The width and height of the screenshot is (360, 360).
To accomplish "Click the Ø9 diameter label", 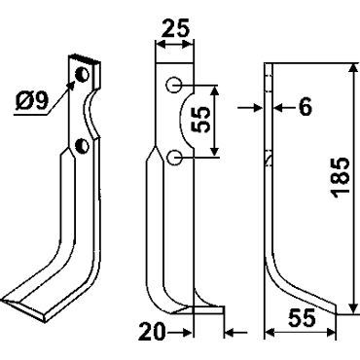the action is (31, 101).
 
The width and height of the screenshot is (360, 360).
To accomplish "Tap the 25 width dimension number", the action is (175, 28).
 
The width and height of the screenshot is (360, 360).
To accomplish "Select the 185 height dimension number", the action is (341, 177).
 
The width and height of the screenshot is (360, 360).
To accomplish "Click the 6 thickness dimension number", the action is (306, 107).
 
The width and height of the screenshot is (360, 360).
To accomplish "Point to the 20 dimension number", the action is (152, 332).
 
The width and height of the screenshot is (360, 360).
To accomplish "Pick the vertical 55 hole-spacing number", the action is (200, 120).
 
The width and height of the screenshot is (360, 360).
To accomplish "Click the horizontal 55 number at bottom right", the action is (302, 318).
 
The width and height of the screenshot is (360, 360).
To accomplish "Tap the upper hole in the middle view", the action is (173, 86).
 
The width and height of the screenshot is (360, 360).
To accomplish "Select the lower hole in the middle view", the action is (174, 158).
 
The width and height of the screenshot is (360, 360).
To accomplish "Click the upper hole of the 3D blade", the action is (82, 75).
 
